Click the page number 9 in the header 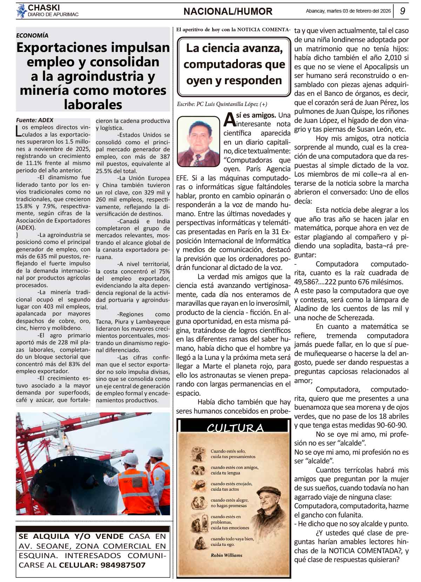pos(403,11)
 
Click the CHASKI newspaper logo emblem pos(21,11)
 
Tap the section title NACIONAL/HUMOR pos(228,12)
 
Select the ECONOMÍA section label pos(32,35)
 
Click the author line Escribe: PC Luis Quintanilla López pos(222,104)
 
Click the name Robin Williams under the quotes pos(226,555)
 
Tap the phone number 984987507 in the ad pos(123,565)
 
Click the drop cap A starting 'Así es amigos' pos(229,119)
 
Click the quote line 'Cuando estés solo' pos(228,451)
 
